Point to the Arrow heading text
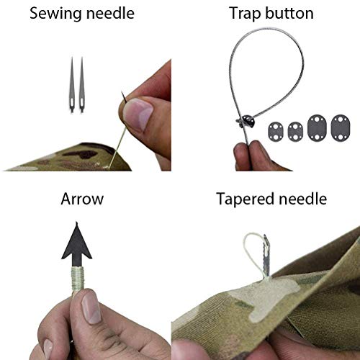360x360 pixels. click(x=83, y=198)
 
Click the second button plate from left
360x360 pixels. click(x=296, y=131)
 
